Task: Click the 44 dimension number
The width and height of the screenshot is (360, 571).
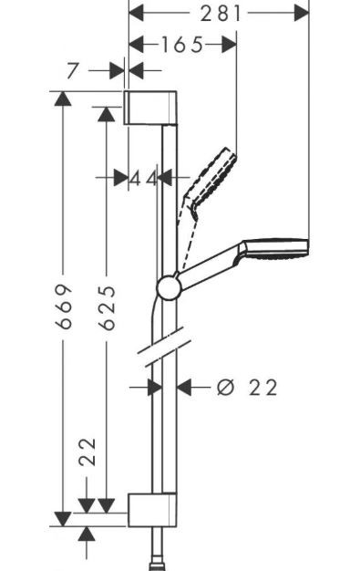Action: [x=143, y=178]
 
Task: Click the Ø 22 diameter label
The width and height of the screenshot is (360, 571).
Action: [x=247, y=388]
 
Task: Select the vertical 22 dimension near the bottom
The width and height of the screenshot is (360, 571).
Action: [x=86, y=451]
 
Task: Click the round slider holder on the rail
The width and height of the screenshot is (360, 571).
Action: [x=169, y=288]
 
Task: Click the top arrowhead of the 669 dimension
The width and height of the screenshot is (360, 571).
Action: [x=61, y=99]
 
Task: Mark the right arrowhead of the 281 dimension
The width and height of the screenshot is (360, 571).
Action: [x=302, y=12]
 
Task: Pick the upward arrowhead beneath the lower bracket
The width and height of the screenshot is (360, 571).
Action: [x=86, y=535]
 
